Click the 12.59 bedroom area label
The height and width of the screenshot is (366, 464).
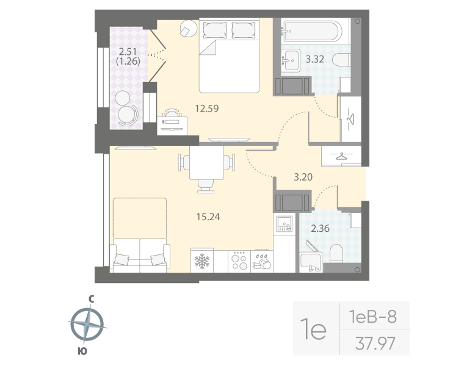pyautogui.click(x=207, y=109)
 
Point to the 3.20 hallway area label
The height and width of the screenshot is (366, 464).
pyautogui.click(x=303, y=178)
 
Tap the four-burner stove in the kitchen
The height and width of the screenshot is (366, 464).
pyautogui.click(x=239, y=261)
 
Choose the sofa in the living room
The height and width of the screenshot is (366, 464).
pyautogui.click(x=139, y=253)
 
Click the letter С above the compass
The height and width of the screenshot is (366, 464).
pyautogui.click(x=90, y=299)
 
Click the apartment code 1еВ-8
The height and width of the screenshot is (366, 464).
pyautogui.click(x=372, y=317)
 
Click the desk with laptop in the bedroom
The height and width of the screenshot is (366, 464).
pyautogui.click(x=173, y=123)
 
